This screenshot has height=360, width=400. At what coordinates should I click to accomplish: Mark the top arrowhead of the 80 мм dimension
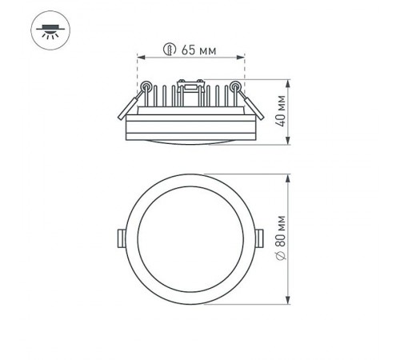pos(288,177)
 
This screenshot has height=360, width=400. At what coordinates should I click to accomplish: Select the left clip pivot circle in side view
pos(146,86)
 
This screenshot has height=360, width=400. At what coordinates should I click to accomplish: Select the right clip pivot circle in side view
pos(236,86)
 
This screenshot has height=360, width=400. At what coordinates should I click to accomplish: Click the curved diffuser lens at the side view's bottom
pos(191,142)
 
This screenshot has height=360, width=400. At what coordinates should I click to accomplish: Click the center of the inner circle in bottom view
pos(191,239)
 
